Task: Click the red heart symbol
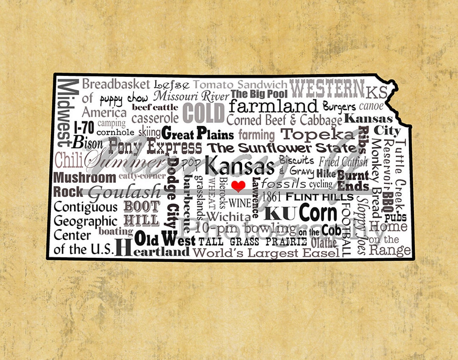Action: click(238, 186)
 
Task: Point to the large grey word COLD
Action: click(203, 113)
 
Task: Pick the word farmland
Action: click(274, 106)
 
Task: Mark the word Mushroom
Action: click(85, 178)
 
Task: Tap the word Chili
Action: click(69, 160)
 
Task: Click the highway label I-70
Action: click(84, 127)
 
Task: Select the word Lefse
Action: click(171, 84)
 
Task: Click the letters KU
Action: click(282, 213)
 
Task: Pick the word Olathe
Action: click(324, 243)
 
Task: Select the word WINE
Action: click(240, 203)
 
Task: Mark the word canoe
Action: click(371, 106)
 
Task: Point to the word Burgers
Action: click(339, 106)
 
